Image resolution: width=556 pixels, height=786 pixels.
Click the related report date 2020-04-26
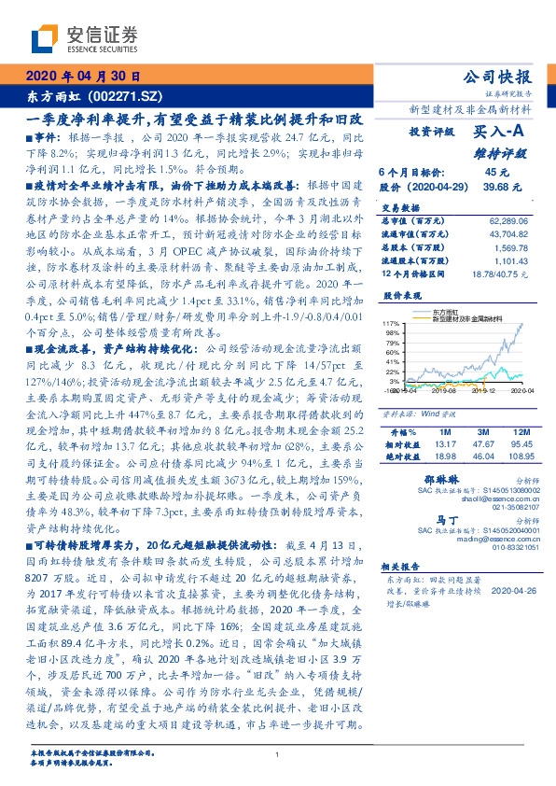tap(508, 589)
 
